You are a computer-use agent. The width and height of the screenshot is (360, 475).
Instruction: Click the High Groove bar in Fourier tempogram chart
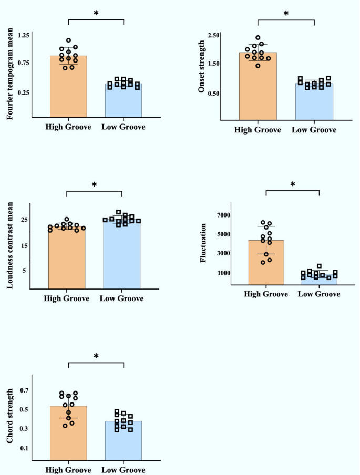click(x=68, y=89)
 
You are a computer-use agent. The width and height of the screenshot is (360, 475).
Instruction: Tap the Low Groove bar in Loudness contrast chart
click(x=121, y=257)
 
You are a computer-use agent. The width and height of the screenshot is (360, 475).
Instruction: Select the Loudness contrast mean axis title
click(x=10, y=245)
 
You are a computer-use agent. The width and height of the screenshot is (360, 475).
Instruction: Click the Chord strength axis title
click(x=10, y=416)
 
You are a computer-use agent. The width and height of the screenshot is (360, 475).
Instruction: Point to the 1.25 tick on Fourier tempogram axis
click(x=24, y=35)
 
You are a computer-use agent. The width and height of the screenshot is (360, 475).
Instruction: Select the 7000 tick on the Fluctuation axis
click(x=223, y=215)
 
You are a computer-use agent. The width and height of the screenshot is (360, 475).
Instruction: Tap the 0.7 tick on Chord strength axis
click(x=24, y=390)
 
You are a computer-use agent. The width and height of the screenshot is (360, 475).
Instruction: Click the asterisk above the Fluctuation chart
click(x=293, y=185)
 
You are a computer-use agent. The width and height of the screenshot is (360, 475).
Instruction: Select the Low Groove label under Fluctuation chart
click(x=319, y=294)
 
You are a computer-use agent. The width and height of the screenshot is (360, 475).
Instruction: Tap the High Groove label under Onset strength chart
click(x=257, y=130)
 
